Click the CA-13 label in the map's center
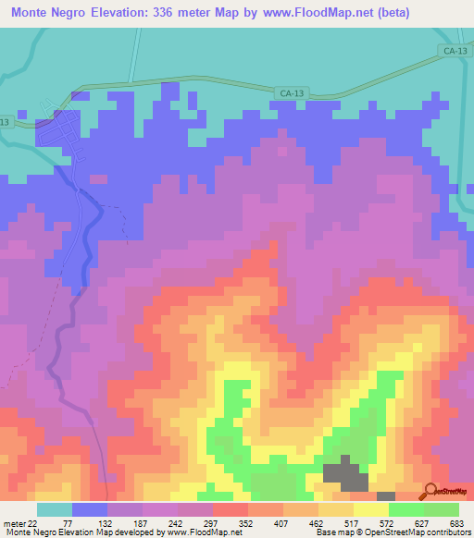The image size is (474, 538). [291, 92]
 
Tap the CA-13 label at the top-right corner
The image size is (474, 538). [454, 54]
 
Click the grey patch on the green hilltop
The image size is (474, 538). [344, 472]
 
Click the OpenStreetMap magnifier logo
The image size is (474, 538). [430, 492]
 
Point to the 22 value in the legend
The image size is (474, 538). [32, 524]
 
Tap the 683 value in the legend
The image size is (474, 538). [455, 524]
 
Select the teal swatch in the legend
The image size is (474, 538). [54, 509]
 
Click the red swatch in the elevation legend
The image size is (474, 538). [230, 509]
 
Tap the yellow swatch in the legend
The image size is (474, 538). [370, 509]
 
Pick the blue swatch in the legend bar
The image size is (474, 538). [90, 509]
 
